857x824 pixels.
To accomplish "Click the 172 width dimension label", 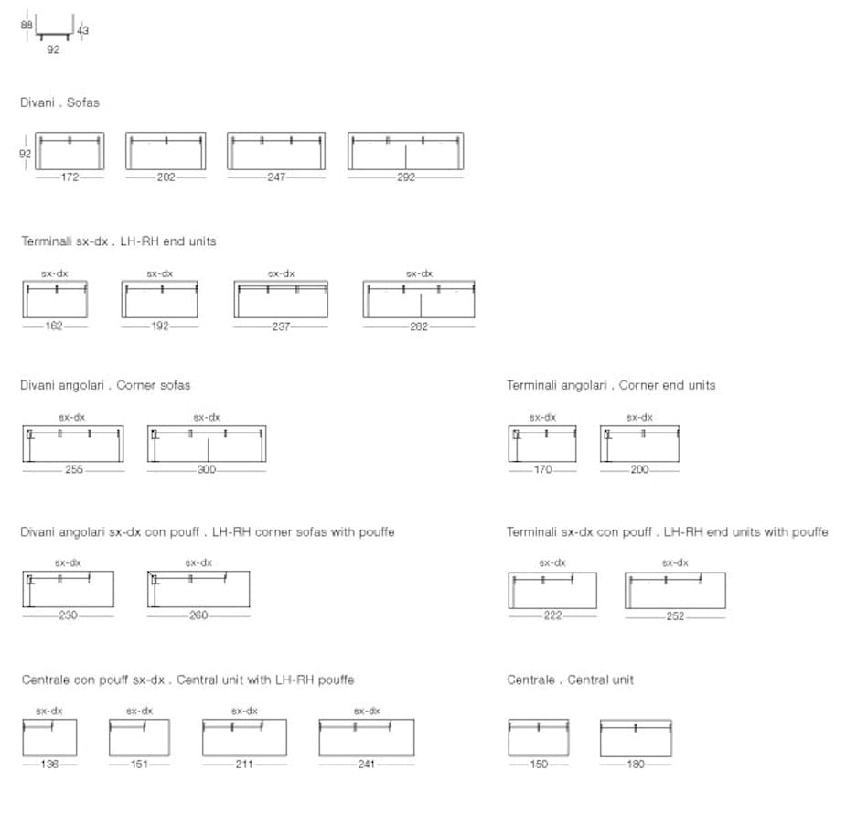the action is pyautogui.click(x=70, y=177).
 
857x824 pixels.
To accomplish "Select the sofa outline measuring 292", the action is pyautogui.click(x=405, y=133).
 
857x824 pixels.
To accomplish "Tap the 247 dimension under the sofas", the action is pyautogui.click(x=276, y=177).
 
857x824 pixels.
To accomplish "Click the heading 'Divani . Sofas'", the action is pyautogui.click(x=59, y=102).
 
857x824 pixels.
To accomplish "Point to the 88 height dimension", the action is pyautogui.click(x=27, y=25).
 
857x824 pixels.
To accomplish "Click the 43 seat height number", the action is pyautogui.click(x=82, y=30).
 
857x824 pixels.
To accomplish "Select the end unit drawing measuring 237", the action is pyautogui.click(x=281, y=282).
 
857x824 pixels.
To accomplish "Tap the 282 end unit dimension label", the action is pyautogui.click(x=419, y=326).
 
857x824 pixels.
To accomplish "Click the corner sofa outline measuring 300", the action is pyautogui.click(x=207, y=426).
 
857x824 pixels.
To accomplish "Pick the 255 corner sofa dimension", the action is pyautogui.click(x=74, y=469).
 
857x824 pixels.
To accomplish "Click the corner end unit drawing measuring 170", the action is pyautogui.click(x=542, y=426).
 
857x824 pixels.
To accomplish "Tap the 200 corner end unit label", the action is pyautogui.click(x=639, y=469).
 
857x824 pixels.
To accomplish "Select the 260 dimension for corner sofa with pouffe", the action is pyautogui.click(x=198, y=615).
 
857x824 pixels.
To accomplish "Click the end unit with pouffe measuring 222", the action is pyautogui.click(x=552, y=573).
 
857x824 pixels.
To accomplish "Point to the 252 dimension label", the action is pyautogui.click(x=675, y=615).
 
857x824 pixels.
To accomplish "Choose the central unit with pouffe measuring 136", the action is pyautogui.click(x=49, y=720).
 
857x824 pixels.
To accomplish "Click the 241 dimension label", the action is pyautogui.click(x=366, y=764).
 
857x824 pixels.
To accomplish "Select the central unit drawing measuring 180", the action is pyautogui.click(x=636, y=720).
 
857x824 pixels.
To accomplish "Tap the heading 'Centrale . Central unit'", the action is pyautogui.click(x=570, y=680).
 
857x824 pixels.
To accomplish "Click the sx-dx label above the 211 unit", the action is pyautogui.click(x=244, y=711).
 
